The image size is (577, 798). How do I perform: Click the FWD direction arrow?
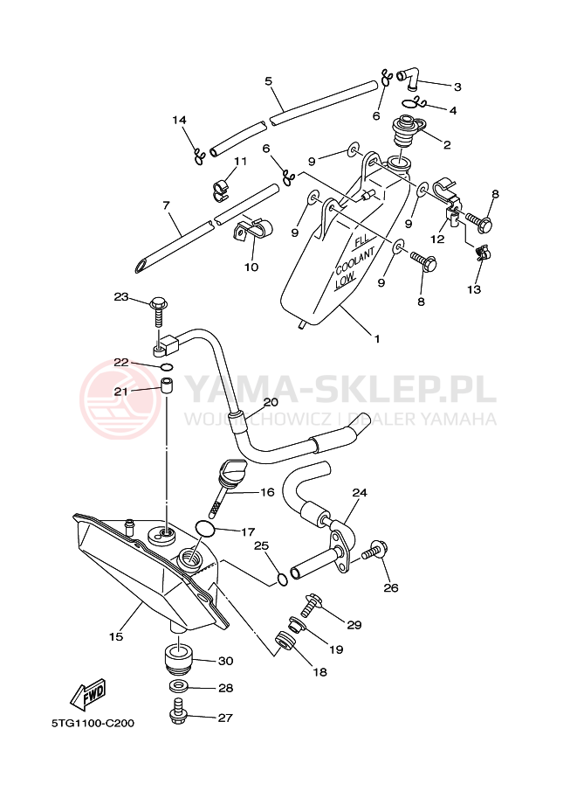pyautogui.click(x=88, y=694)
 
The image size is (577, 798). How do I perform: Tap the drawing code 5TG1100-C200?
pyautogui.click(x=93, y=723)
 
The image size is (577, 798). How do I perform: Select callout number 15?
pyautogui.click(x=116, y=636)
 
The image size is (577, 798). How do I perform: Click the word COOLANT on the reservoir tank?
pyautogui.click(x=355, y=262)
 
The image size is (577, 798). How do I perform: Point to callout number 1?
pyautogui.click(x=377, y=338)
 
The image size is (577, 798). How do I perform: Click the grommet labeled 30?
pyautogui.click(x=179, y=657)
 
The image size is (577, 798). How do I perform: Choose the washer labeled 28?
pyautogui.click(x=178, y=686)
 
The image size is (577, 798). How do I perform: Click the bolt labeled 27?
pyautogui.click(x=179, y=712)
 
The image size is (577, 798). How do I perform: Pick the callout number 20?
pyautogui.click(x=271, y=403)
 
